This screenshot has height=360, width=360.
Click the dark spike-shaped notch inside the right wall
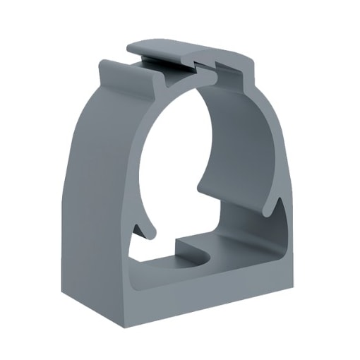click(x=281, y=212)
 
